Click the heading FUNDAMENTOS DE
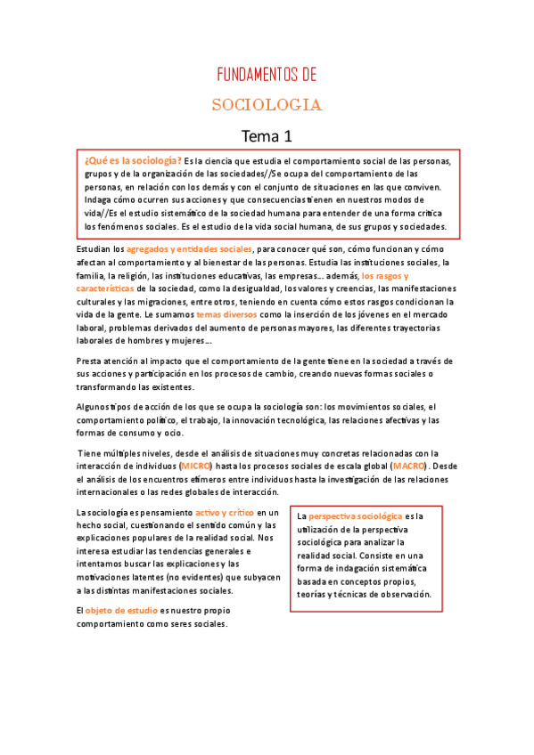[x=267, y=75]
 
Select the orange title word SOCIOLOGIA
[x=267, y=105]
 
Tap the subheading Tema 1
[x=267, y=136]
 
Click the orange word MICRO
[x=195, y=466]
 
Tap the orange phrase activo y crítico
[x=225, y=512]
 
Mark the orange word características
[x=106, y=288]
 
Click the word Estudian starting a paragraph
[x=94, y=249]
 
